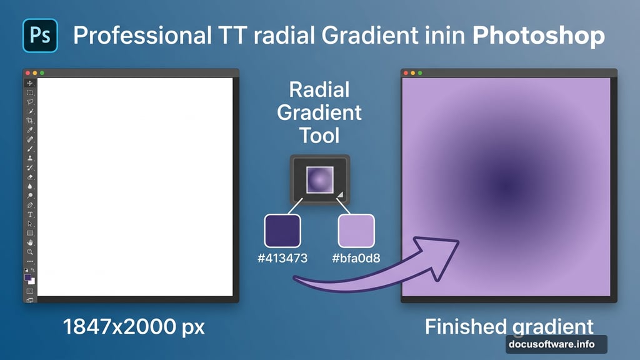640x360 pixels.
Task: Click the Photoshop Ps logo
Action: pyautogui.click(x=40, y=36)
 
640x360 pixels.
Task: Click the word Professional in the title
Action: pyautogui.click(x=142, y=36)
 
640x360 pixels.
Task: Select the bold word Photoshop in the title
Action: pyautogui.click(x=538, y=36)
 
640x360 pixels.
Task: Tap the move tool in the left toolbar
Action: pyautogui.click(x=30, y=83)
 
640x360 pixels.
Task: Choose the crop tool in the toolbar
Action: pyautogui.click(x=30, y=121)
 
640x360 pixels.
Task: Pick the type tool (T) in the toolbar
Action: pyautogui.click(x=30, y=215)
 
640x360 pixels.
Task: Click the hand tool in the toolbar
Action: pyautogui.click(x=30, y=242)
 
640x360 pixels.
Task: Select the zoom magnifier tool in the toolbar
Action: pyautogui.click(x=30, y=252)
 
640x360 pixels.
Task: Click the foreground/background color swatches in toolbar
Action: pyautogui.click(x=29, y=279)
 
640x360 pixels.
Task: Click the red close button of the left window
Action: pyautogui.click(x=27, y=73)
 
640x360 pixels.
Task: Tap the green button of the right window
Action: pyautogui.click(x=420, y=73)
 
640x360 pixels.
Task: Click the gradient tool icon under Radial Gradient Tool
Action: pyautogui.click(x=320, y=179)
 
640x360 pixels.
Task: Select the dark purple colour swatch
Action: pyautogui.click(x=282, y=231)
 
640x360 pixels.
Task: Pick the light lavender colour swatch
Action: pyautogui.click(x=356, y=231)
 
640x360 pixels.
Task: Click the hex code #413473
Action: pyautogui.click(x=282, y=258)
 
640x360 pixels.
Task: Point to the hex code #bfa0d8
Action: pyautogui.click(x=356, y=258)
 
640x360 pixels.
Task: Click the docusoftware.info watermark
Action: pyautogui.click(x=552, y=344)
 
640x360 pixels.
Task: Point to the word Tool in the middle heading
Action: pyautogui.click(x=319, y=136)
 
